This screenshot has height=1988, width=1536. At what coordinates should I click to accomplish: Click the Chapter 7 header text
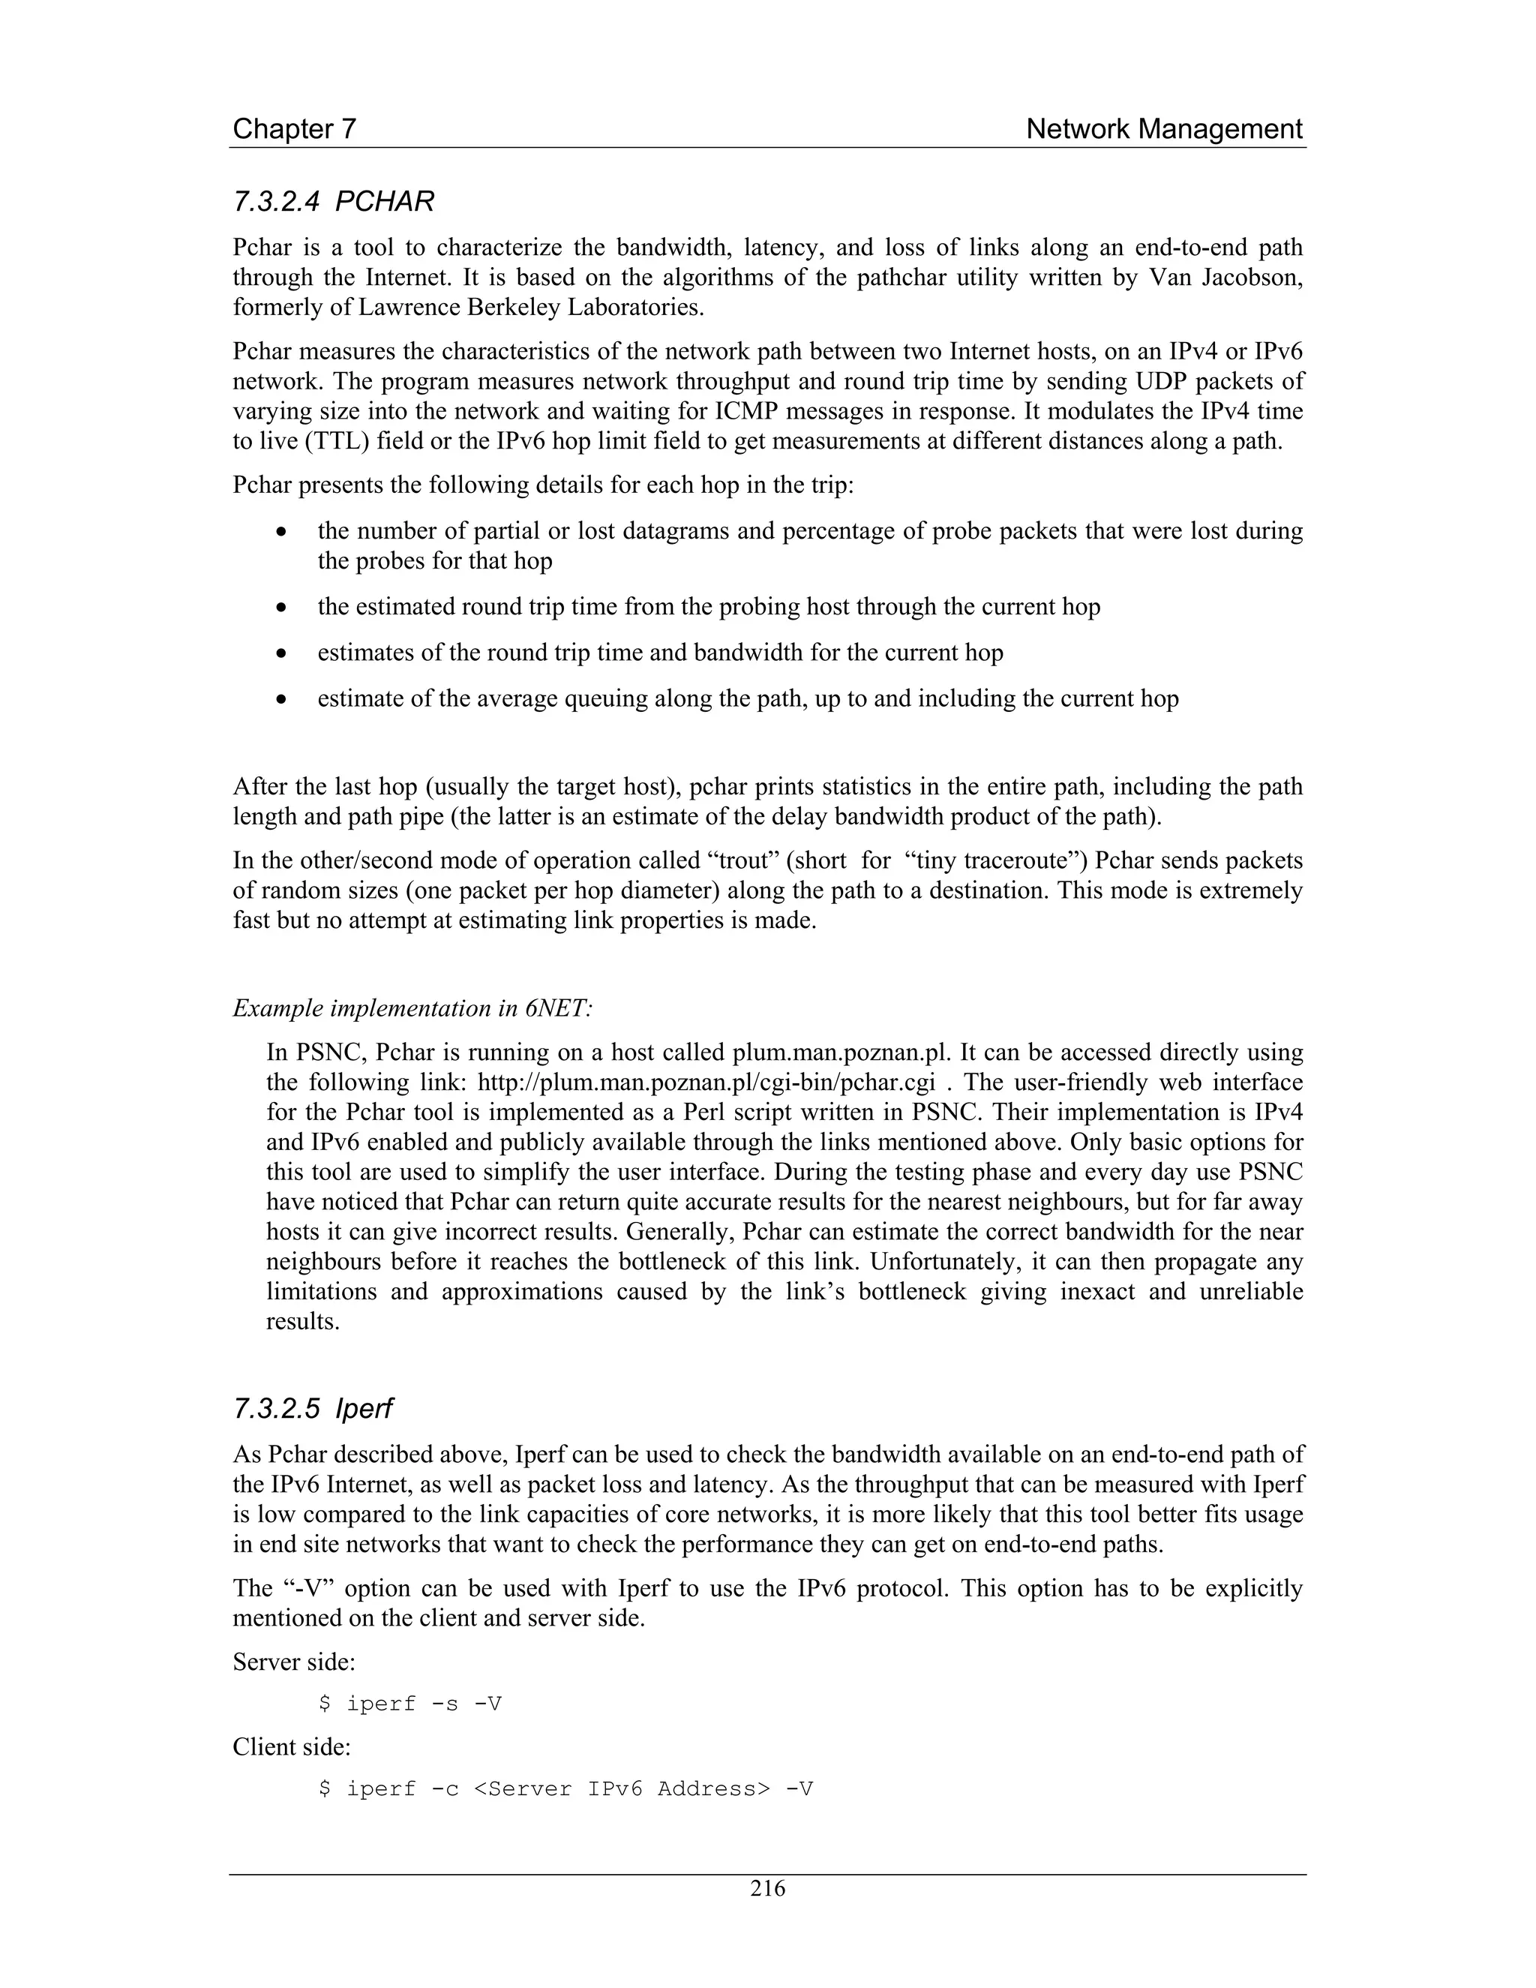click(294, 129)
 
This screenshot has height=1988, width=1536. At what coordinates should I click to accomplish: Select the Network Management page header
click(1164, 129)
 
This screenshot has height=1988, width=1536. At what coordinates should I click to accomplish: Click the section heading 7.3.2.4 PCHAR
click(333, 201)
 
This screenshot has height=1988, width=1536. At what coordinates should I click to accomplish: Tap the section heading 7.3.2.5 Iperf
click(312, 1408)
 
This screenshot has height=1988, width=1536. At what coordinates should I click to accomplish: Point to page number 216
click(767, 1888)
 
